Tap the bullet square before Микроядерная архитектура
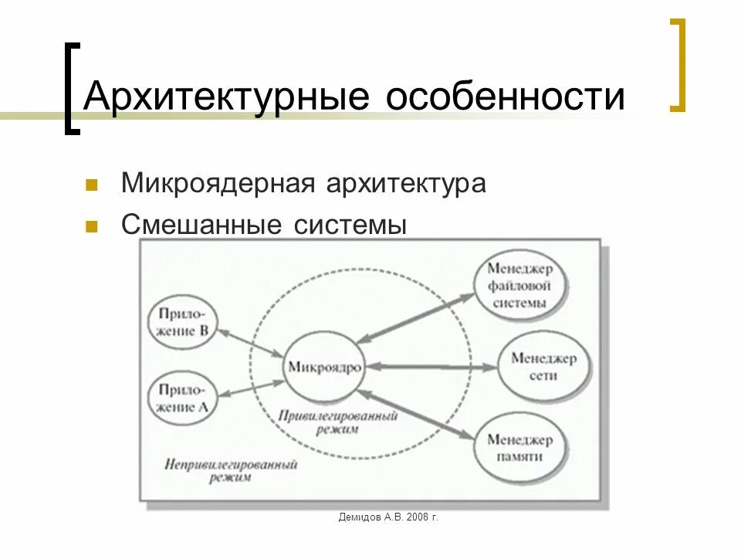click(x=92, y=185)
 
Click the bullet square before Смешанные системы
click(x=92, y=227)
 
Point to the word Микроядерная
click(x=216, y=185)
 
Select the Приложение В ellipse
click(x=182, y=323)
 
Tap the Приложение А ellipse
click(x=182, y=398)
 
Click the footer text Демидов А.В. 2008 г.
click(x=388, y=517)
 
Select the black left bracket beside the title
click(x=71, y=89)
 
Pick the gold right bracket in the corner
click(x=677, y=66)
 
